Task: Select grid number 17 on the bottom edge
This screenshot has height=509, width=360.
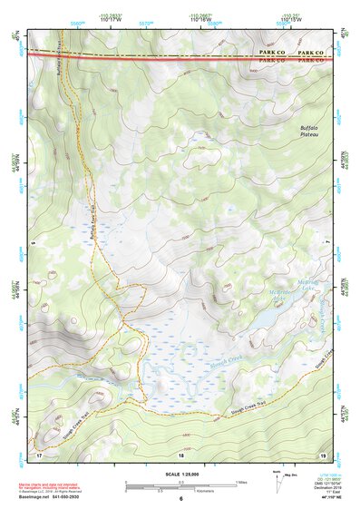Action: (x=39, y=451)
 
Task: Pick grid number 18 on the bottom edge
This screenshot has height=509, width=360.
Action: (x=183, y=451)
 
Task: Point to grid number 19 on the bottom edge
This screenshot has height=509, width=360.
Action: (x=323, y=451)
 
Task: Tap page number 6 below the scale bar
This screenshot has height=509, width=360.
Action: (x=181, y=498)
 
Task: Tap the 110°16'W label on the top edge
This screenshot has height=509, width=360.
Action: (x=202, y=20)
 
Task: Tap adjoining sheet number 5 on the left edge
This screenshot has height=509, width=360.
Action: (x=30, y=243)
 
